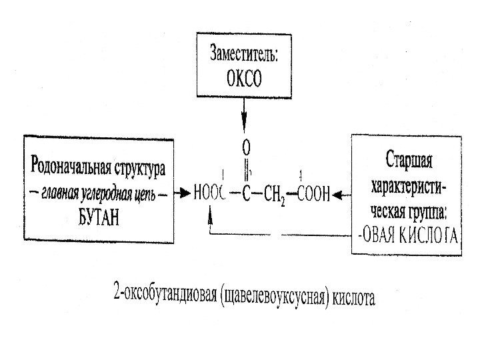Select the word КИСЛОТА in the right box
tap(425, 235)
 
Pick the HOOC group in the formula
tap(209, 195)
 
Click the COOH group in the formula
tap(313, 195)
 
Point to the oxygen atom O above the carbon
tap(245, 145)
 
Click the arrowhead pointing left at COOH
tap(337, 195)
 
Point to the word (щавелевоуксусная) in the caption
tap(273, 297)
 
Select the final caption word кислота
tap(354, 298)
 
